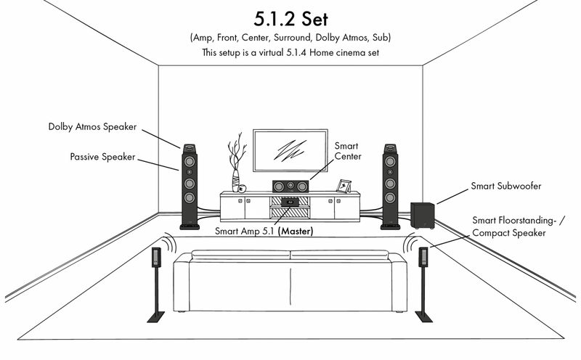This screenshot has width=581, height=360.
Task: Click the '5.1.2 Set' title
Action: [291, 19]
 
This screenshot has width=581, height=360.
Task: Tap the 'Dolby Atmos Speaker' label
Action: [92, 127]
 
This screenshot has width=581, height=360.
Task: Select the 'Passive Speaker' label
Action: [102, 157]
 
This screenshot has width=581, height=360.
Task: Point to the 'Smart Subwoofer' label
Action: [505, 186]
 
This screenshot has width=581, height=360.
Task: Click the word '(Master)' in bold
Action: [296, 231]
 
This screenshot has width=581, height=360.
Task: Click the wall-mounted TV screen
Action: [290, 150]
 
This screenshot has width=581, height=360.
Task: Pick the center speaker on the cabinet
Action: [290, 186]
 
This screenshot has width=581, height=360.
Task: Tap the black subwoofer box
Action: [423, 216]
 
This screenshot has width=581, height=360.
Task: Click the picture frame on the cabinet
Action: [344, 186]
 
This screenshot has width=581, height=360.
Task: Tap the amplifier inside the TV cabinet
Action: [290, 202]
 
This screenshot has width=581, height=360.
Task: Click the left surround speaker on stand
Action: [156, 257]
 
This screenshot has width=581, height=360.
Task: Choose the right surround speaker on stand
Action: [423, 257]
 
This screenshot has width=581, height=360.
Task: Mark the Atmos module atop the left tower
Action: [189, 149]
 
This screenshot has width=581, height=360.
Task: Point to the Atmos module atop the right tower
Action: [390, 149]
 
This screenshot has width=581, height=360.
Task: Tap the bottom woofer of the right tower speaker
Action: [390, 197]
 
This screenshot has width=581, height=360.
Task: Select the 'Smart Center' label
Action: [348, 151]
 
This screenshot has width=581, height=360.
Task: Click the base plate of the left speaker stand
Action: [156, 317]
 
